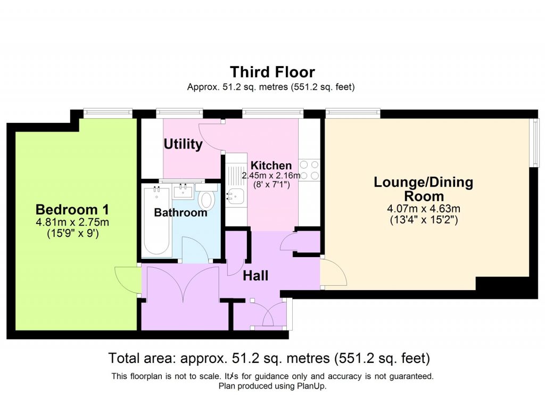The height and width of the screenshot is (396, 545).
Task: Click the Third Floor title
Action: (x=272, y=72)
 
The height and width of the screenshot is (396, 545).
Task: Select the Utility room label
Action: (x=183, y=144)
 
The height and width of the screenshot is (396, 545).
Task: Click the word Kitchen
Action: (x=271, y=165)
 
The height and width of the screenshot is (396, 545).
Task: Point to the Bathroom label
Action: (x=180, y=213)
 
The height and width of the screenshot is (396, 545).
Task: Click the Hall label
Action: (x=255, y=276)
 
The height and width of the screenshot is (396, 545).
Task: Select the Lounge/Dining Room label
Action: (x=423, y=189)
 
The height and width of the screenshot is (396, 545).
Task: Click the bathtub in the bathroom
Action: (x=156, y=221)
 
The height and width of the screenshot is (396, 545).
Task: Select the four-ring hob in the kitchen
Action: (x=309, y=170)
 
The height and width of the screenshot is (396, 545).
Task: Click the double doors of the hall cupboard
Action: (x=181, y=285)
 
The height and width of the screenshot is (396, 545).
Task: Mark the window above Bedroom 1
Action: (x=108, y=112)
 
